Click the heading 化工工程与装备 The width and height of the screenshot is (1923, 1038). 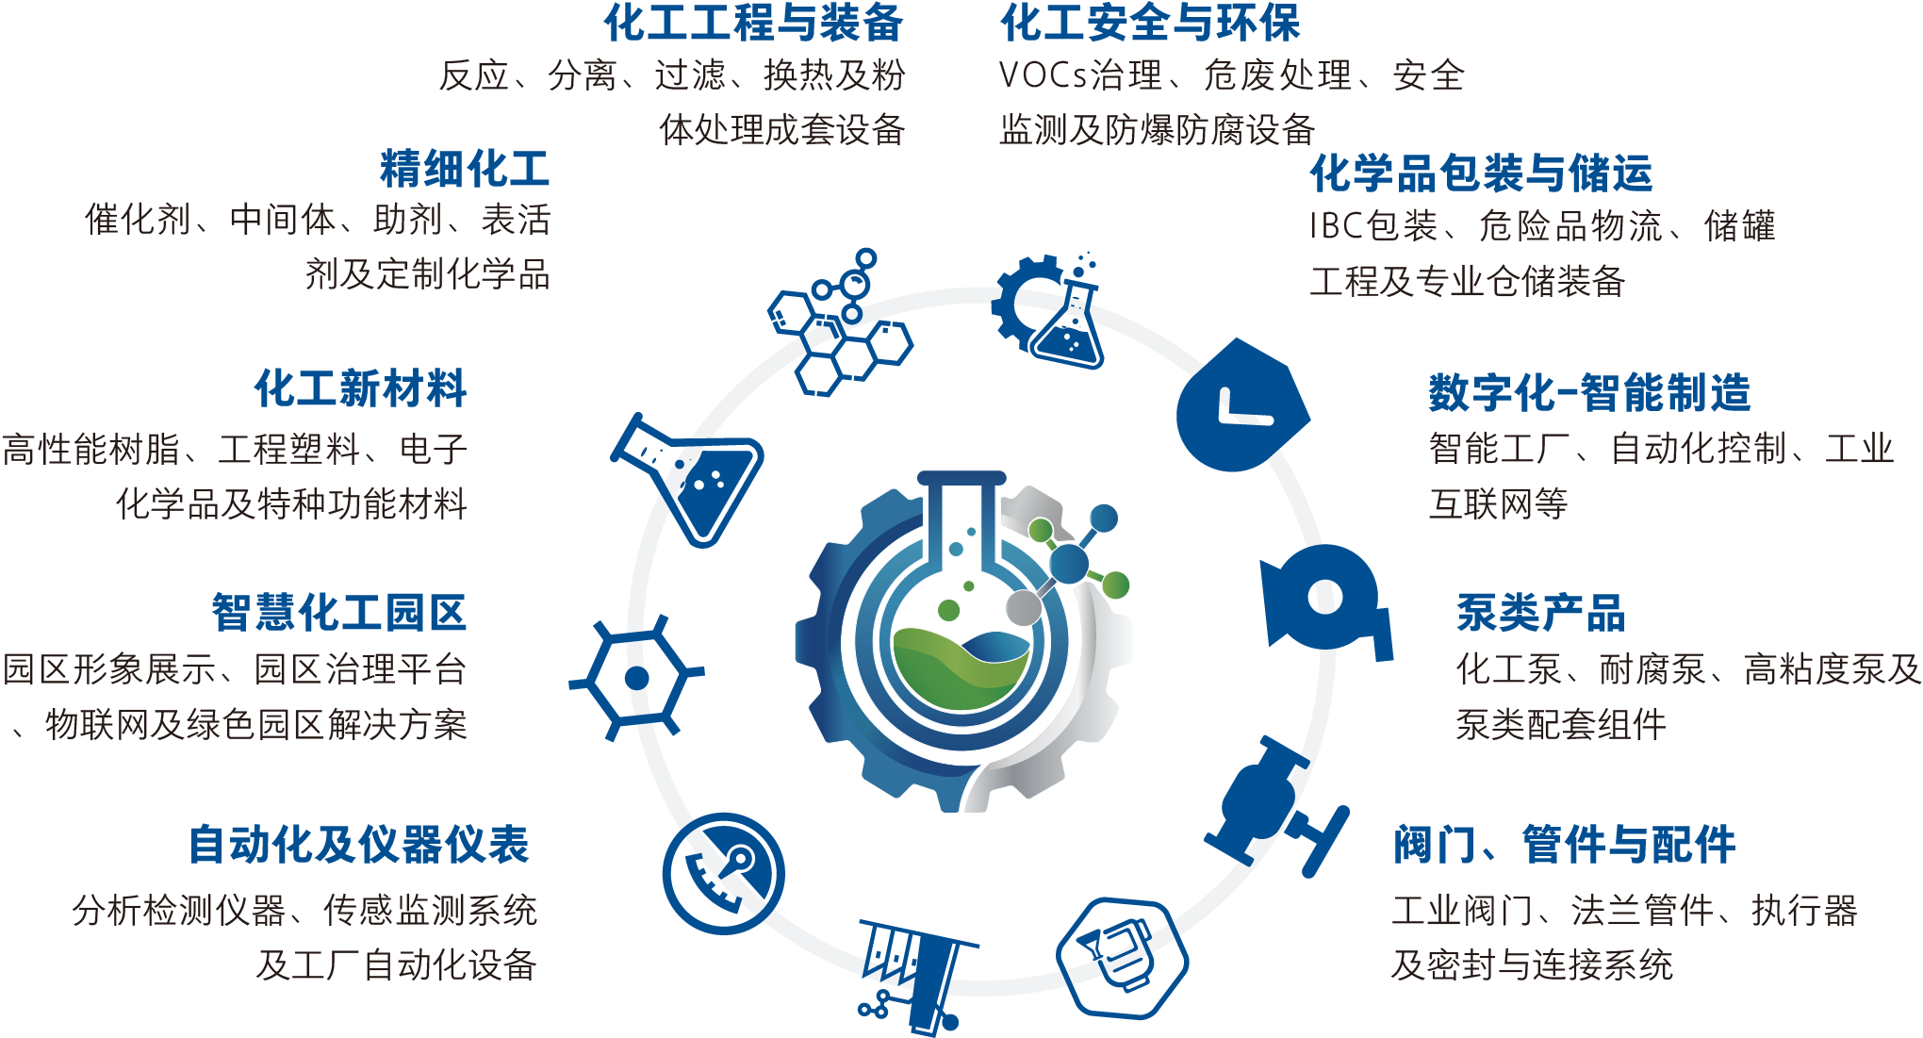(754, 23)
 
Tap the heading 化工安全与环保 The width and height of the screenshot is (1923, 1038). (1150, 23)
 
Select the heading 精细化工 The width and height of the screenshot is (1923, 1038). (465, 169)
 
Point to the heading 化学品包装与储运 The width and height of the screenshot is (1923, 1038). (1481, 173)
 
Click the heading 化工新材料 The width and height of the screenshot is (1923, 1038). (361, 388)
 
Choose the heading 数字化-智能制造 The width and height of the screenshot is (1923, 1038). (1589, 393)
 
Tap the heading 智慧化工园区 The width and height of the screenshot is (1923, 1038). (339, 613)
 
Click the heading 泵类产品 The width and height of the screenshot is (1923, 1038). (1541, 613)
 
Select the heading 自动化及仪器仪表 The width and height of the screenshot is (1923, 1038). (359, 845)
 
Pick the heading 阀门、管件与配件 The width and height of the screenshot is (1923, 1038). (1565, 845)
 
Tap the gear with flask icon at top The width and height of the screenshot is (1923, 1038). (1048, 310)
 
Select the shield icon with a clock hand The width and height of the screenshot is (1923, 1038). (1241, 406)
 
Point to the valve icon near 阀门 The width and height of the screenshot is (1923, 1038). (1278, 806)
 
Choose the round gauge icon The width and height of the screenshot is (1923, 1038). (724, 874)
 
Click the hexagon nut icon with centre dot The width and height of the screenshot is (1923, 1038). (637, 678)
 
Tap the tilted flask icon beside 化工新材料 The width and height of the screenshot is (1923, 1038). (688, 480)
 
